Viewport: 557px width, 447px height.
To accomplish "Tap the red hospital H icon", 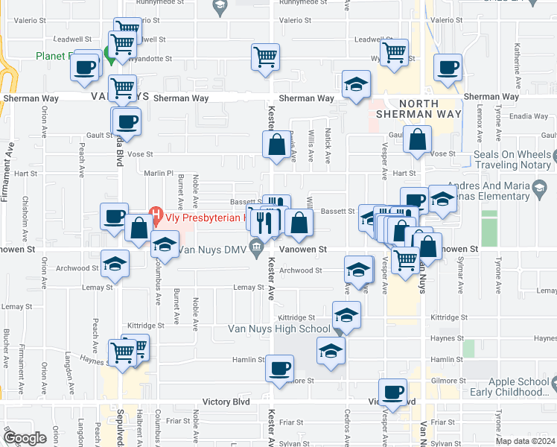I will pos(157,218).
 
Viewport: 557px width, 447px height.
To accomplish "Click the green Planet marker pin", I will pos(108,53).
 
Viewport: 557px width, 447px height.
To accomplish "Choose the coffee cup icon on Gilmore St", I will pos(280,368).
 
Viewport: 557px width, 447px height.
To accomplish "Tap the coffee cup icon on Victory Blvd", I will pos(392,392).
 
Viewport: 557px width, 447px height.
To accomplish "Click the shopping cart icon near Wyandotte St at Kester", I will pos(266,57).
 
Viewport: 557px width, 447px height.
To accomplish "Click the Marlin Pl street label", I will pos(159,173).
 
